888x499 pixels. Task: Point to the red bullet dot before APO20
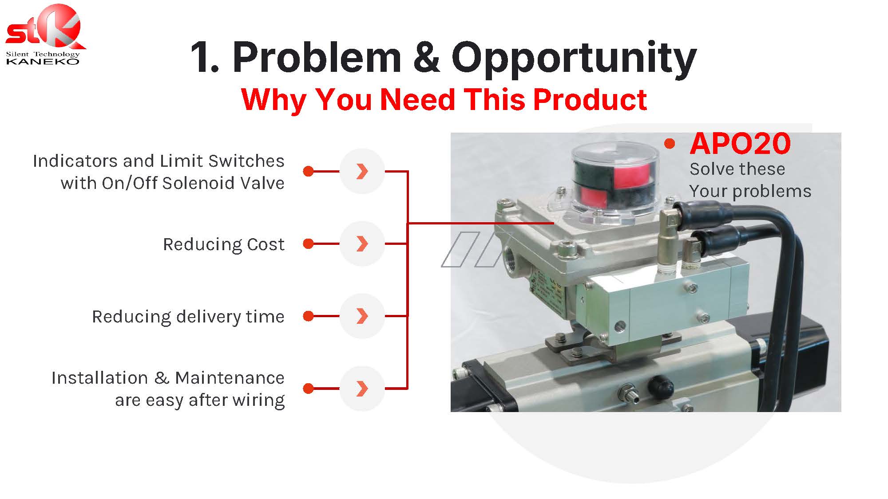[670, 143]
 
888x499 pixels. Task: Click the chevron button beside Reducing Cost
[362, 244]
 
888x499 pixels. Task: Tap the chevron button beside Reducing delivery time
[362, 316]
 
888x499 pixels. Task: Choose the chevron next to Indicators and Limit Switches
[362, 171]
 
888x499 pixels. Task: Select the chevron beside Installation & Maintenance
[362, 389]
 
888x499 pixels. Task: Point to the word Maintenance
[230, 378]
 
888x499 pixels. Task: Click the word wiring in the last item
[258, 401]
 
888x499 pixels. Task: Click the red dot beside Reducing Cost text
[308, 244]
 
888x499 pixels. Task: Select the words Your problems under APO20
[750, 192]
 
